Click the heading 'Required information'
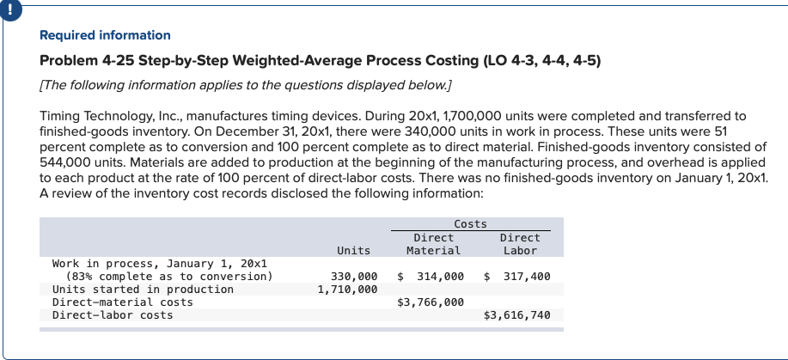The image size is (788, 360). [x=105, y=35]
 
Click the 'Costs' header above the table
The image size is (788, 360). [x=470, y=223]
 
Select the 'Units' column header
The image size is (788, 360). [x=353, y=250]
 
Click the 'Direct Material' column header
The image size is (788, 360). [x=434, y=243]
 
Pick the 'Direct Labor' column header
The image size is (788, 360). [x=519, y=243]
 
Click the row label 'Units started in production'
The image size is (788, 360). [x=143, y=290]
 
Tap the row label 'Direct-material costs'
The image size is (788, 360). [x=122, y=302]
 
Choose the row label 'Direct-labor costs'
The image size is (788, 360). [x=112, y=315]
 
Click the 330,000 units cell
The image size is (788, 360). [x=354, y=277]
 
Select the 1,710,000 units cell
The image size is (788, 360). [x=347, y=290]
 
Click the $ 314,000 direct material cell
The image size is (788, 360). [x=431, y=277]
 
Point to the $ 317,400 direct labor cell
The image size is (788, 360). [x=517, y=277]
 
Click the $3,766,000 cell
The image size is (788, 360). [x=431, y=302]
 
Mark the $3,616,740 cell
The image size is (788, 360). [x=516, y=315]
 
